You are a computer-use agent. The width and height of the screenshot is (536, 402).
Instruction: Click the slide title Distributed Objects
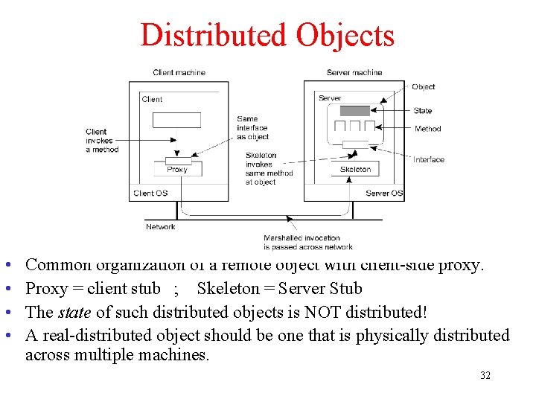pos(267,35)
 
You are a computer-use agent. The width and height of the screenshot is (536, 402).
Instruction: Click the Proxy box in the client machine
pos(177,169)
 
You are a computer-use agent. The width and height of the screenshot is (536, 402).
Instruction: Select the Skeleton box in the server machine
pos(355,169)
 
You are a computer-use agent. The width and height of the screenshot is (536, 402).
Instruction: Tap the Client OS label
pos(150,193)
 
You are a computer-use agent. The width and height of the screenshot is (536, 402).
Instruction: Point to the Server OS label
pos(383,193)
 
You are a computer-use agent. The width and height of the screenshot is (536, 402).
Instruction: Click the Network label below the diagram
pos(161,226)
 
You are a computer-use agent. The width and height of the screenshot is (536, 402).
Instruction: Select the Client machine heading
pos(179,72)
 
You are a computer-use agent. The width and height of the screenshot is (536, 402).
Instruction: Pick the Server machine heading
pos(354,72)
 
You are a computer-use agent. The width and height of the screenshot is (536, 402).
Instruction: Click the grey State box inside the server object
pos(354,111)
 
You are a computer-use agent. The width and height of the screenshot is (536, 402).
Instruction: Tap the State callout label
pos(423,111)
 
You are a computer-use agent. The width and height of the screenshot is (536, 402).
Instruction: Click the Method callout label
pos(427,129)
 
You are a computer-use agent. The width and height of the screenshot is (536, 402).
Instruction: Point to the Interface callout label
pos(429,159)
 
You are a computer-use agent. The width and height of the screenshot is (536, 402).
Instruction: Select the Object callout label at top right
pos(423,86)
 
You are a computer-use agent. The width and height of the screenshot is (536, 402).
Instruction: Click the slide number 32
pos(485,375)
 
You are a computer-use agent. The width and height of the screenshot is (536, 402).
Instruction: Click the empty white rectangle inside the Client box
pos(176,120)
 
